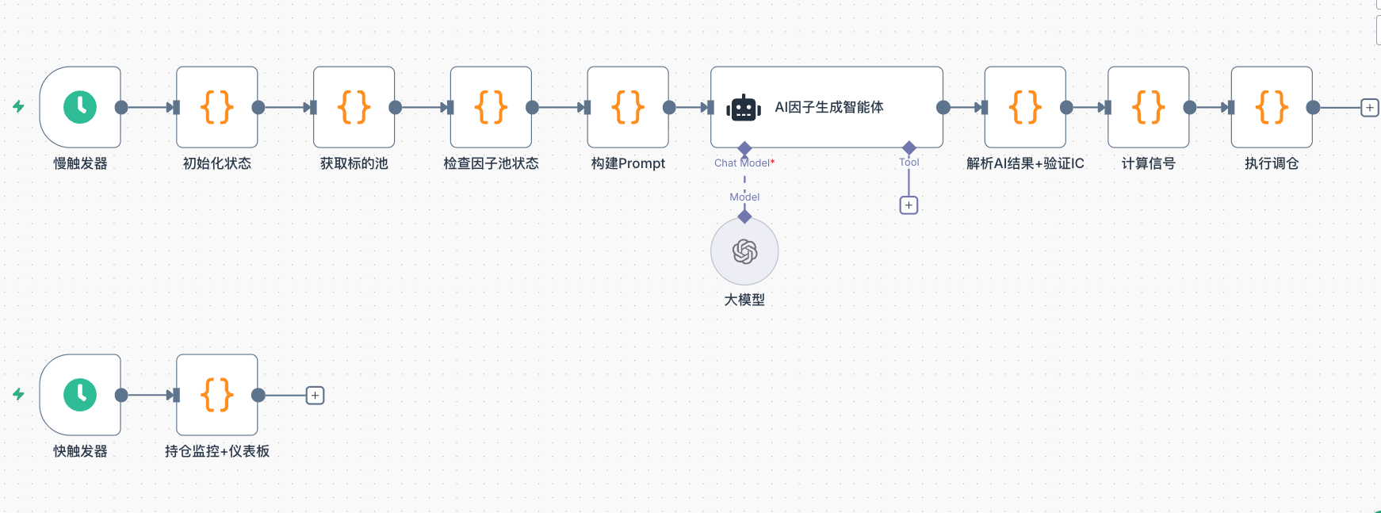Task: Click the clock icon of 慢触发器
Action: click(x=80, y=107)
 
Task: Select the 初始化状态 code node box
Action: click(x=216, y=107)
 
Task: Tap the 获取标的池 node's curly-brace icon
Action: click(x=354, y=107)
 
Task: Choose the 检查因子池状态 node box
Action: click(x=491, y=107)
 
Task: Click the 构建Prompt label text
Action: click(x=628, y=163)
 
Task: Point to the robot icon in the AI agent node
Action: click(x=744, y=108)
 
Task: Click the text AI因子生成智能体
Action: click(x=828, y=107)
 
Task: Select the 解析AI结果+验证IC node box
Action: click(x=1024, y=107)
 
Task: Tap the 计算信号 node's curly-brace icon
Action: click(x=1148, y=107)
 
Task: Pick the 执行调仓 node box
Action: click(x=1271, y=107)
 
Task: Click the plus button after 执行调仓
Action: click(x=1369, y=108)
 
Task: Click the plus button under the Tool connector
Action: click(x=909, y=205)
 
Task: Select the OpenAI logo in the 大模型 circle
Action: click(x=744, y=252)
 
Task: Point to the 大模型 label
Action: click(x=744, y=300)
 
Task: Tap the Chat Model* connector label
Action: click(x=744, y=163)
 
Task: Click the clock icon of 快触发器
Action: click(x=80, y=395)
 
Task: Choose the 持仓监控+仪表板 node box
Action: click(x=216, y=395)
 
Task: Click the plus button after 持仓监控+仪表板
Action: click(x=315, y=396)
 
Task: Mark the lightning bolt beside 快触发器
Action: click(x=18, y=394)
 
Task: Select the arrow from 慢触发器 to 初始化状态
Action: click(x=149, y=107)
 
